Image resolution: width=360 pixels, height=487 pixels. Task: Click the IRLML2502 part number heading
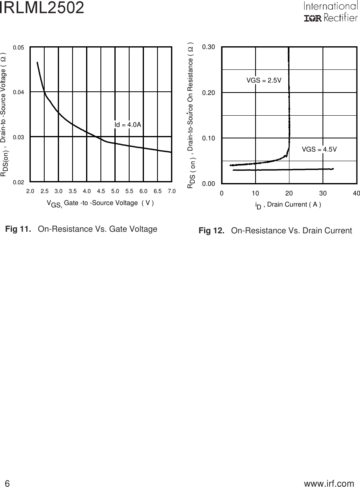coord(42,8)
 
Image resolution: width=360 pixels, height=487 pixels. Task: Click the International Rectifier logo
coord(330,12)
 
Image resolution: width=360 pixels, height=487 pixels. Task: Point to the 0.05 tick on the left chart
coord(19,47)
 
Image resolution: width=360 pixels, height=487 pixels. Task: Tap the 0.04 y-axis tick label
coord(19,92)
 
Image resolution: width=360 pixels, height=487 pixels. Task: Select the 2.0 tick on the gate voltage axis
coord(30,191)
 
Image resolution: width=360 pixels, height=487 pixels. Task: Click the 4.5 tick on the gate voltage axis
coord(101,191)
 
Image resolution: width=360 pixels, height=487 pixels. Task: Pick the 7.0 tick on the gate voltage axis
coord(171,191)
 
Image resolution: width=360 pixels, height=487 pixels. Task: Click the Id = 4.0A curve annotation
coord(128,125)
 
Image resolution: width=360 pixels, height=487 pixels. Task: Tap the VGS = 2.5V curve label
coord(264,80)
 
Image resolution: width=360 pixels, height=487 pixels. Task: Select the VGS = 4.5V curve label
coord(319,149)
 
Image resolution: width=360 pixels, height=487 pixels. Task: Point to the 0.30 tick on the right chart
coord(209,47)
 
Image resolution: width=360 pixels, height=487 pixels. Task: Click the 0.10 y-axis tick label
coord(209,138)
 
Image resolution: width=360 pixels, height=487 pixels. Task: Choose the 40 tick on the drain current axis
coord(356,193)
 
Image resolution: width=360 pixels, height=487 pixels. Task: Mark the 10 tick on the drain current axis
coord(255,193)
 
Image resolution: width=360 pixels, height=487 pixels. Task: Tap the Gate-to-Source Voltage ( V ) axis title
coord(100,203)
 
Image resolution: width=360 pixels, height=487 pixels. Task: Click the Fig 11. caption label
coord(18,229)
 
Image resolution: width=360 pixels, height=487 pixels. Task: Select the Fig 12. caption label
coord(212,231)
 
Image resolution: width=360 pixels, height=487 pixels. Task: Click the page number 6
coord(7,483)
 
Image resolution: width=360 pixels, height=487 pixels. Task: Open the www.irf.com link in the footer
coord(329,483)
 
